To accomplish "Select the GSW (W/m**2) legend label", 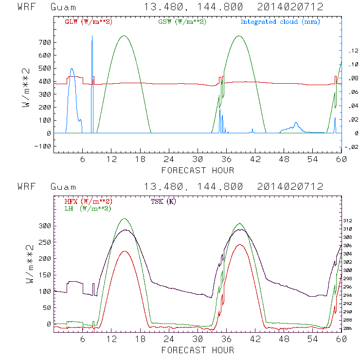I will [x=182, y=22].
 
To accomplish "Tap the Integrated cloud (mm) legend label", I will [x=280, y=22].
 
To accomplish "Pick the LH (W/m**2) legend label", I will [x=88, y=208].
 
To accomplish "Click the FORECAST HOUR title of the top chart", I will [x=198, y=170].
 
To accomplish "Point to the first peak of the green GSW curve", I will [x=124, y=36].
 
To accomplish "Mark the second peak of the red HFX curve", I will [x=239, y=245].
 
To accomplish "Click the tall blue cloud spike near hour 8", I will [x=92, y=44].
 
